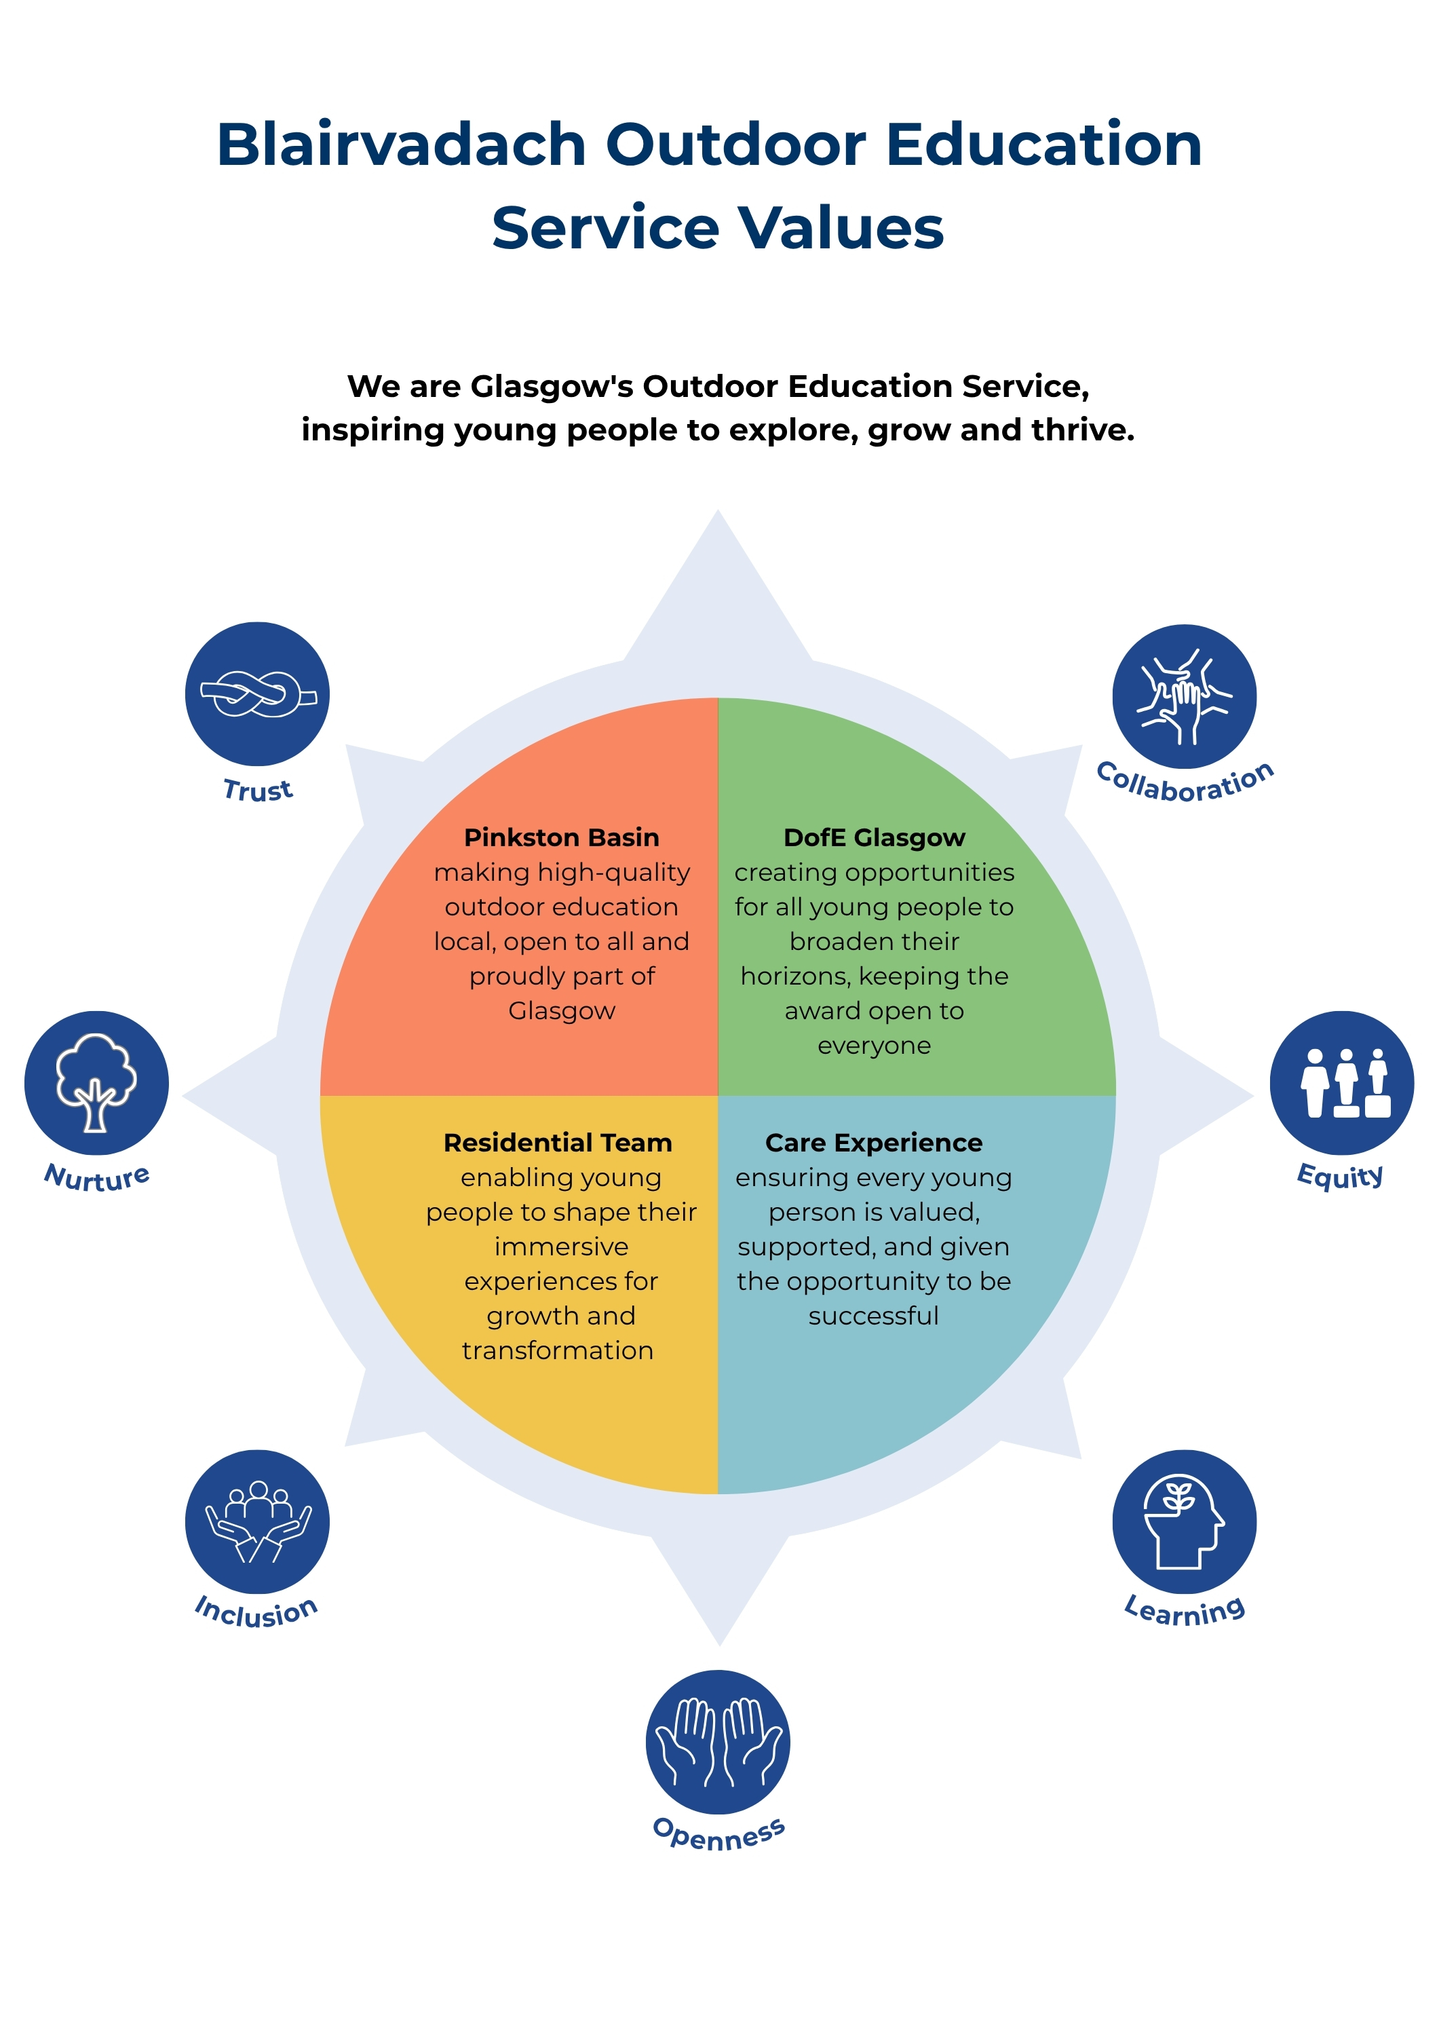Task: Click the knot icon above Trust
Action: click(x=257, y=694)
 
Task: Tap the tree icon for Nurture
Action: click(x=96, y=1083)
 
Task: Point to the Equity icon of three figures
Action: click(x=1343, y=1083)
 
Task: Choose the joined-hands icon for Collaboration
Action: click(x=1185, y=697)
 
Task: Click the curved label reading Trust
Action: click(x=258, y=790)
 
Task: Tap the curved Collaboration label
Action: click(x=1185, y=782)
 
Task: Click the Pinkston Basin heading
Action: click(x=562, y=837)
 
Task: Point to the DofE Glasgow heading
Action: click(x=875, y=837)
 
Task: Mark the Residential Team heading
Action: click(x=558, y=1143)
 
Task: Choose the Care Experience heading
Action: click(x=874, y=1143)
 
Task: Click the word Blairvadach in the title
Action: click(x=402, y=144)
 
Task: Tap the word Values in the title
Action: click(x=842, y=228)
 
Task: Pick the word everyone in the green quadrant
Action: click(x=875, y=1046)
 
